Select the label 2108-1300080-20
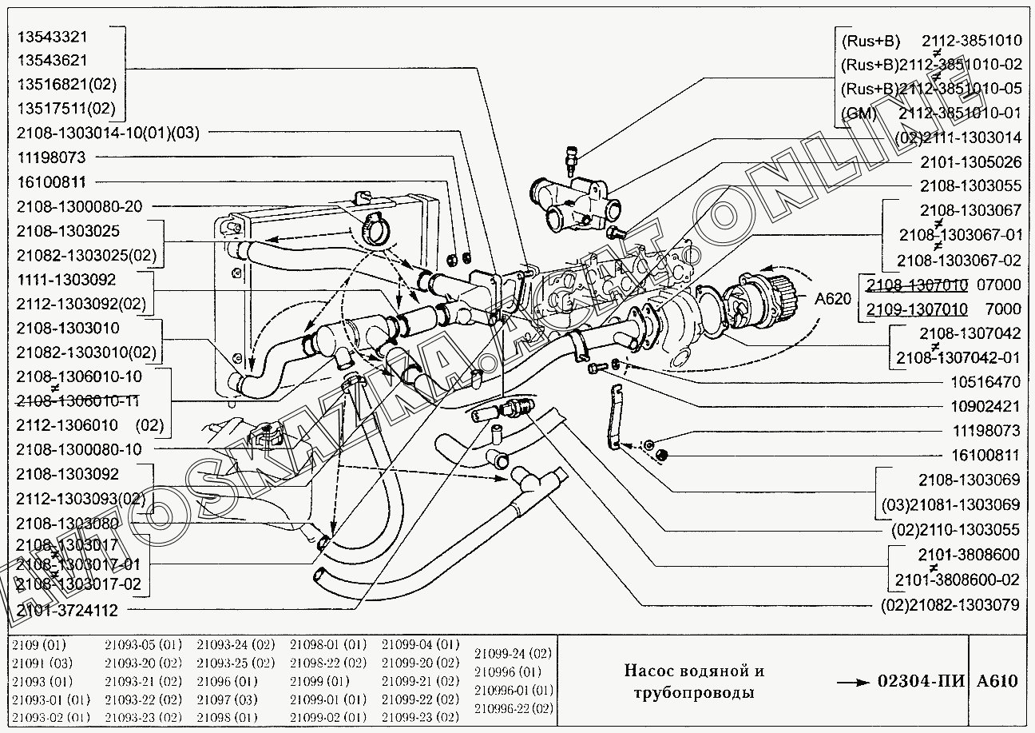coord(79,206)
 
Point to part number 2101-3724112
coord(67,611)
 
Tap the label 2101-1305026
coord(970,162)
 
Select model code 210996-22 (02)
coord(513,708)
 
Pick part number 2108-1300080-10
coord(79,449)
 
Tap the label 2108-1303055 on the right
coord(970,186)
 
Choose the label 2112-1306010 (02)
coord(89,424)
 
